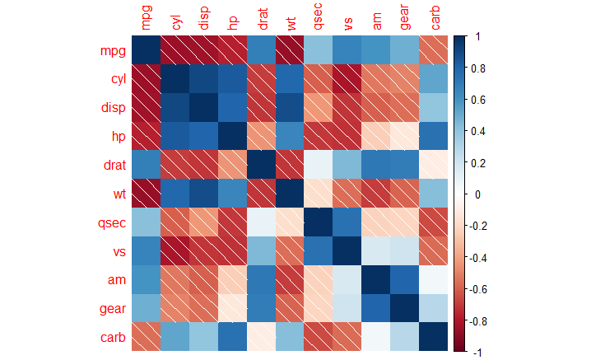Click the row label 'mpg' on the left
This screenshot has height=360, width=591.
(x=113, y=51)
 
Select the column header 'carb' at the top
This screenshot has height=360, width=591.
(x=435, y=18)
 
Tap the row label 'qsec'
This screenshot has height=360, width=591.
(x=112, y=223)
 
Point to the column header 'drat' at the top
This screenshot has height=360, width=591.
(x=263, y=19)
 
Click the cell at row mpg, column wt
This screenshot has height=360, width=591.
(x=290, y=50)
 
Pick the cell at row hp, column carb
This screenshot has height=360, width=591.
(x=434, y=136)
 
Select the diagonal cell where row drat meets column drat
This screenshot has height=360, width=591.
(x=261, y=165)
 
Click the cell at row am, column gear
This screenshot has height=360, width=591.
(x=405, y=279)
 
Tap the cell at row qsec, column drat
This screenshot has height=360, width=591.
(x=261, y=222)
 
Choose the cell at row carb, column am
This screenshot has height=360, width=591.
(x=376, y=337)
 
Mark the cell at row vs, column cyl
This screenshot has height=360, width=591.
(x=175, y=251)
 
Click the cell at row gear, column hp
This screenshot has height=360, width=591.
(x=232, y=308)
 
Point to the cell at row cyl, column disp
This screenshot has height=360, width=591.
(x=203, y=79)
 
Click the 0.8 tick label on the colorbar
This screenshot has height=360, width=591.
(x=478, y=68)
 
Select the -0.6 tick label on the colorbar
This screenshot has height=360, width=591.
(x=477, y=290)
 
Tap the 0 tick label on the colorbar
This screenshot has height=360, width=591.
(x=478, y=194)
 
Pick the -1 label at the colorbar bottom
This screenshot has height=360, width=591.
(x=477, y=353)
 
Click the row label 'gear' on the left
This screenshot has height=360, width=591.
(x=112, y=310)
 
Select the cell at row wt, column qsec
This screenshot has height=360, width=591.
(x=318, y=194)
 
